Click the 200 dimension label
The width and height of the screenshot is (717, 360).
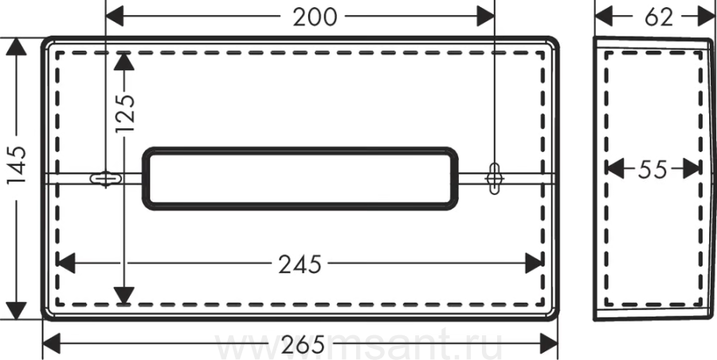click(315, 18)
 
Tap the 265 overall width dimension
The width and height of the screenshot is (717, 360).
click(303, 344)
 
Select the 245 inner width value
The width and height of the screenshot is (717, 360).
click(300, 264)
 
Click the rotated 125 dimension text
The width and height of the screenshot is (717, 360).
click(125, 113)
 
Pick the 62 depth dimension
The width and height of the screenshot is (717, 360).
click(659, 18)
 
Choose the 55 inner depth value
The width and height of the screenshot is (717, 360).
click(653, 170)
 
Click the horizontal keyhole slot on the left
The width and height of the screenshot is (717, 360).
click(106, 178)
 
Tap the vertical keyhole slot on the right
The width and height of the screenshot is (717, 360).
click(494, 178)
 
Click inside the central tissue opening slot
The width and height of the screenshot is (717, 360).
click(300, 178)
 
